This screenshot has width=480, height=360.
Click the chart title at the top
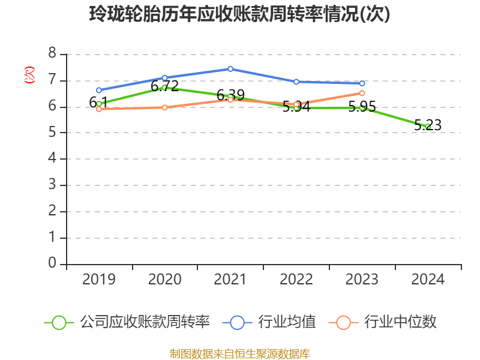click(x=240, y=14)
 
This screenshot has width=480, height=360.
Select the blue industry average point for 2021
click(x=230, y=69)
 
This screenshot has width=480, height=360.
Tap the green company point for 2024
click(x=428, y=127)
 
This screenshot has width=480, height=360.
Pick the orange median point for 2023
click(x=362, y=93)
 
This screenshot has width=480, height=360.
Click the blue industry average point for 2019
click(x=99, y=90)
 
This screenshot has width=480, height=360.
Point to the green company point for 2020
click(x=164, y=88)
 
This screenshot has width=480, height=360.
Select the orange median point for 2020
click(x=164, y=107)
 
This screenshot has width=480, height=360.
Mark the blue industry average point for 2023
click(x=362, y=83)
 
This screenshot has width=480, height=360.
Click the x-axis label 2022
click(x=296, y=280)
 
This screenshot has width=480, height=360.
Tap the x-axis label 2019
click(x=99, y=280)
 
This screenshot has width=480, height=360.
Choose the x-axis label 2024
click(x=428, y=280)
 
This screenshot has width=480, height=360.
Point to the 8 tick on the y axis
click(x=52, y=54)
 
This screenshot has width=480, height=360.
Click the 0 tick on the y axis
click(x=52, y=264)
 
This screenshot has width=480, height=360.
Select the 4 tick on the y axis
click(x=52, y=159)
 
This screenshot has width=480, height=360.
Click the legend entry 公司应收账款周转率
click(x=145, y=322)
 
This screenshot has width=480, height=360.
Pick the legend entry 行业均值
click(x=287, y=322)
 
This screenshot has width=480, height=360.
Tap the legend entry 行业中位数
click(x=400, y=322)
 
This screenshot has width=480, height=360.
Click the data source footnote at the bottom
click(x=240, y=353)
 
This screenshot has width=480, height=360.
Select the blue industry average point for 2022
click(x=296, y=82)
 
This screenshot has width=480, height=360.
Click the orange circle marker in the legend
click(x=343, y=322)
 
